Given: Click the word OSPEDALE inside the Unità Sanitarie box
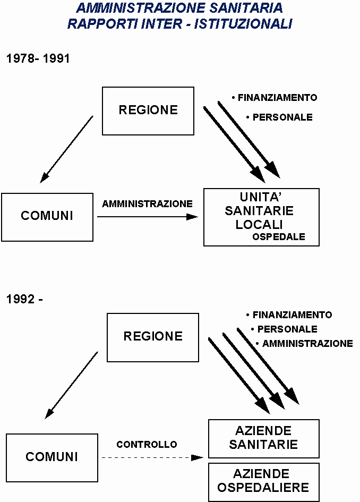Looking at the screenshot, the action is [x=279, y=236].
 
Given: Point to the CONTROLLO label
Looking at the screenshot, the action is [x=147, y=445].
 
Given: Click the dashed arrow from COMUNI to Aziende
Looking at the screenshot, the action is [x=152, y=457].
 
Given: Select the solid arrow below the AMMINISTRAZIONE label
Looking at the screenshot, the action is [x=148, y=217].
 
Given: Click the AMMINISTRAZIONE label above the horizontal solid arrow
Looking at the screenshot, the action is [x=147, y=203].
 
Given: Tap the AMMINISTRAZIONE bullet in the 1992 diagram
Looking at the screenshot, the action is [x=304, y=344].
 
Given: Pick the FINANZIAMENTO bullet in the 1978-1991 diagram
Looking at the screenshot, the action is [x=275, y=97].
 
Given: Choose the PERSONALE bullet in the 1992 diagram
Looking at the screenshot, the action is [x=284, y=329].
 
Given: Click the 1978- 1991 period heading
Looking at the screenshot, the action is [x=38, y=58].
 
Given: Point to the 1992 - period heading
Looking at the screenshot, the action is [x=24, y=299].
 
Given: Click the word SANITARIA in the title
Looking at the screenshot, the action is [x=246, y=8].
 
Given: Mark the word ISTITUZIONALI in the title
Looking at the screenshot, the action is [x=243, y=24].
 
